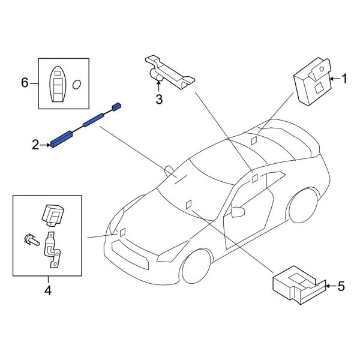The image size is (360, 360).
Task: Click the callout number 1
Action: point(344,78)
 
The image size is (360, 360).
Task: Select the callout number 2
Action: point(35,145)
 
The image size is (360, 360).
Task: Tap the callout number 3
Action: point(159,100)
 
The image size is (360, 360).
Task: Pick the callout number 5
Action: point(341,287)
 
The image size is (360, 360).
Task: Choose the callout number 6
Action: point(25,83)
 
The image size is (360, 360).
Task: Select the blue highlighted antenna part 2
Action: point(64,140)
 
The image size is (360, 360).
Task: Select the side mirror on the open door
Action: point(239,212)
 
